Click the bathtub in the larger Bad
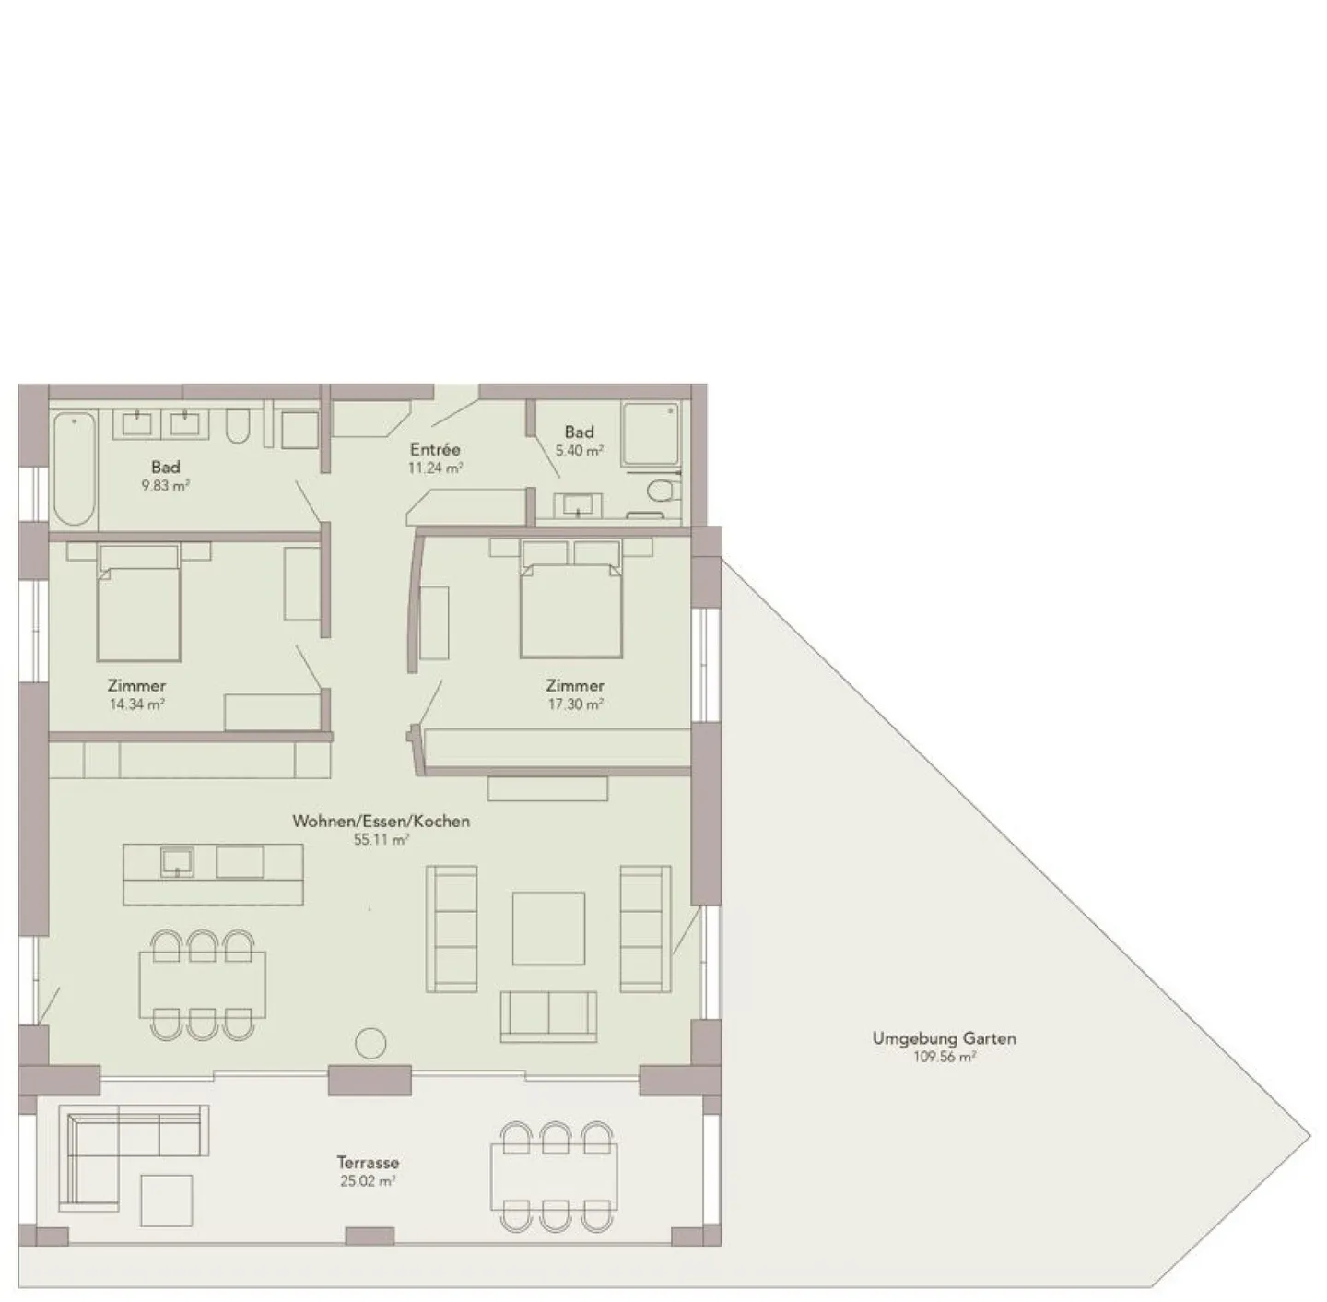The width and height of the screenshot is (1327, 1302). click(x=75, y=468)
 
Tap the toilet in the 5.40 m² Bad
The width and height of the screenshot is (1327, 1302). click(x=663, y=489)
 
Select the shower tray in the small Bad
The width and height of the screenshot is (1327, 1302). click(x=652, y=433)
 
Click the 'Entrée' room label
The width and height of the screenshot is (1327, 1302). click(x=435, y=450)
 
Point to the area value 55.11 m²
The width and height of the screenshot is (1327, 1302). click(x=381, y=840)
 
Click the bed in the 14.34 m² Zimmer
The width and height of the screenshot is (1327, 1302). click(x=138, y=604)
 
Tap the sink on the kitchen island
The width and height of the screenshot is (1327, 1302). click(x=177, y=863)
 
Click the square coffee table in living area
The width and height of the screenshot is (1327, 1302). click(x=548, y=928)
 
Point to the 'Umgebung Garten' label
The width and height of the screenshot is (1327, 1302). click(x=944, y=1038)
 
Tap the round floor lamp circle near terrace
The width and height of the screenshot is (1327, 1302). click(x=371, y=1044)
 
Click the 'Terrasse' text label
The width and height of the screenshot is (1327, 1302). click(x=368, y=1163)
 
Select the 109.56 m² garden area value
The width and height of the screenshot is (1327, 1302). click(x=944, y=1058)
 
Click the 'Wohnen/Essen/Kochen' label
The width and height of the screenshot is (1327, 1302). click(x=381, y=821)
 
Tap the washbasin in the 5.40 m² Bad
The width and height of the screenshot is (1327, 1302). click(x=578, y=504)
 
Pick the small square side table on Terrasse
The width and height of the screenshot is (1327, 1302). click(x=166, y=1201)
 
